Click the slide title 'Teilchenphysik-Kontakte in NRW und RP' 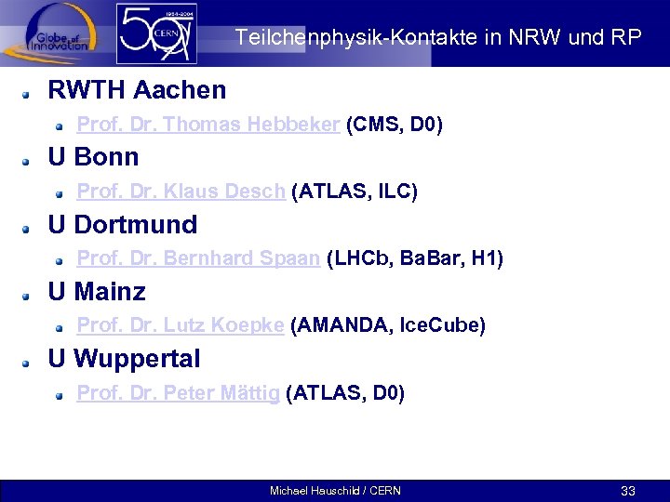coord(437,38)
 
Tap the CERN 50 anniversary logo coord(155,34)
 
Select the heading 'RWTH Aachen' coord(137,90)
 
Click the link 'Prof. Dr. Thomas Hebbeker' coord(208,125)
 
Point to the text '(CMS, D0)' coord(394,125)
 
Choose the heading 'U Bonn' coord(93,157)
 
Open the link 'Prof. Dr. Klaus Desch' coord(181,192)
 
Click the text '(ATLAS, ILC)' coord(355,192)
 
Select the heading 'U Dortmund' coord(122,225)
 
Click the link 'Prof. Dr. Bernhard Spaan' coord(198,258)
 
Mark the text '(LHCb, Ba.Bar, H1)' coord(415,258)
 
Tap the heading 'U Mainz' coord(97,292)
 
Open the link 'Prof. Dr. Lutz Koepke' coord(180,325)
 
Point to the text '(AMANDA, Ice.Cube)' coord(388,325)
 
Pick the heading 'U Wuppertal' coord(124,358)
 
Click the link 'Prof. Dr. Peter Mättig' coord(178,393)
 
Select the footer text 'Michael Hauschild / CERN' coord(335,490)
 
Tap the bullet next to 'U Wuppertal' coord(30,361)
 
